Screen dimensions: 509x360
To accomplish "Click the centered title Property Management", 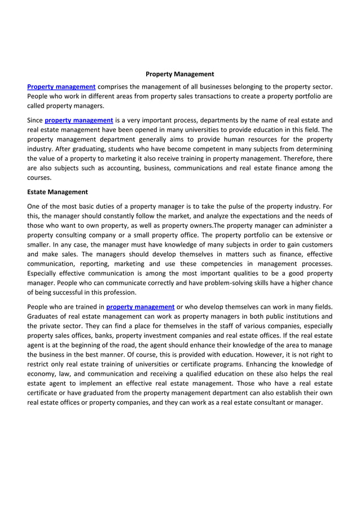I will (x=179, y=74).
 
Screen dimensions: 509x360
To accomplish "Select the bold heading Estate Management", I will (x=58, y=192).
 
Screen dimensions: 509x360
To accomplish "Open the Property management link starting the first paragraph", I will (x=62, y=86).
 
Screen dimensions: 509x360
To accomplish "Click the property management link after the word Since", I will (x=79, y=120).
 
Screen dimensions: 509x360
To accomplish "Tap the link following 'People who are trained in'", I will (x=140, y=306).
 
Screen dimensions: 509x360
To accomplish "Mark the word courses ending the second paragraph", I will (x=39, y=178).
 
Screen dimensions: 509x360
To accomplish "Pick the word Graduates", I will (x=45, y=316).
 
